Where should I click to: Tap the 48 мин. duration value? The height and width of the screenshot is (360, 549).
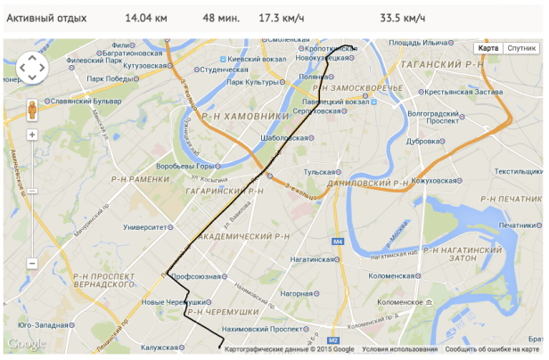point(221,18)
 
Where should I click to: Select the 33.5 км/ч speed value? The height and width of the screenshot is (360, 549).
point(402,18)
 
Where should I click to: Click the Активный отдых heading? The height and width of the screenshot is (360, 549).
point(46,18)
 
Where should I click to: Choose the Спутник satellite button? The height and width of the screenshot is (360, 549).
point(521,48)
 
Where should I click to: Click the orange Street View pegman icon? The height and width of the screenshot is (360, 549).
point(31,110)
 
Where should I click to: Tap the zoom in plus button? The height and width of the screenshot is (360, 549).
point(31,135)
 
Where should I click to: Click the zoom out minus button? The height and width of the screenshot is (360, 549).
point(31,264)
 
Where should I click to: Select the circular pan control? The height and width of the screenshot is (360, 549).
point(31,67)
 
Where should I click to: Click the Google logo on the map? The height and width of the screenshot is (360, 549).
point(26,344)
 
